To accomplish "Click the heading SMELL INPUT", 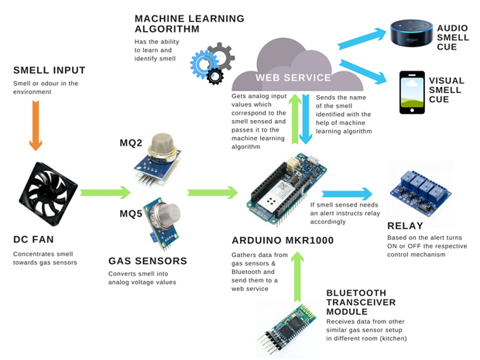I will pyautogui.click(x=49, y=70).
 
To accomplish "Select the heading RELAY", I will pyautogui.click(x=406, y=226).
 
